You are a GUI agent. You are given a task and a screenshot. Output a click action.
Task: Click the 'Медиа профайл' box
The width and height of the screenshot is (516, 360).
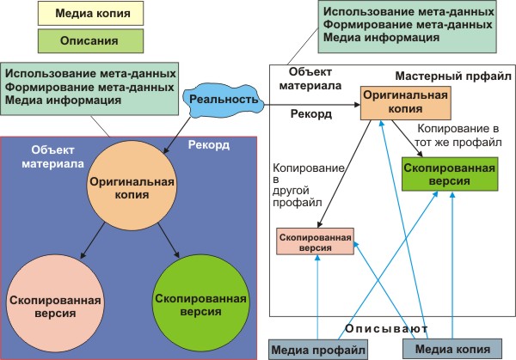coord(319,348)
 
